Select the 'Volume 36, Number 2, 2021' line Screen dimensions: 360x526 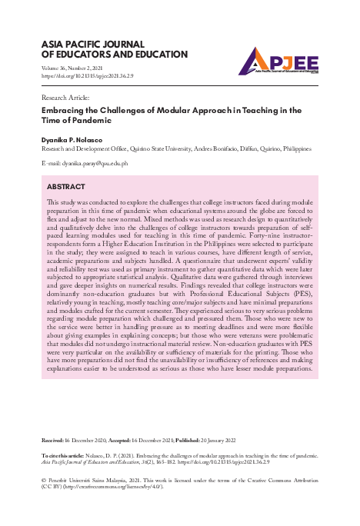[76, 68]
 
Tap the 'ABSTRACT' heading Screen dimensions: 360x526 [66, 187]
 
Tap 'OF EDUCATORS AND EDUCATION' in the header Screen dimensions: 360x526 [112, 55]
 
